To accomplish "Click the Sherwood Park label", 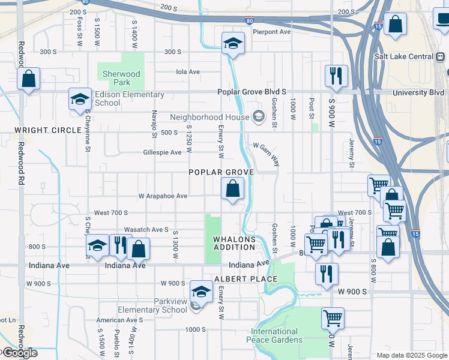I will [121, 78].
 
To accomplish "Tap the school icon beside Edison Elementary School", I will [79, 100].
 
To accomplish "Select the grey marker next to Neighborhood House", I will [259, 116].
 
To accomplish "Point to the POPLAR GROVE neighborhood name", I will [221, 172].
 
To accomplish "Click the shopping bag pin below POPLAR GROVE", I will [233, 189].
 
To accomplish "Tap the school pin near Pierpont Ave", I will [233, 44].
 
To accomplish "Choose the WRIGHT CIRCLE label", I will [48, 130].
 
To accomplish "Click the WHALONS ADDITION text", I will [235, 244].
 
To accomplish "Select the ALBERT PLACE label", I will [246, 279].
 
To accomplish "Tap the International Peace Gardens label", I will [274, 335].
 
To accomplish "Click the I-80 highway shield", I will [249, 21].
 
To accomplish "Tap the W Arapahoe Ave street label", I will [163, 196].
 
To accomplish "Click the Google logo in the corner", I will [19, 353].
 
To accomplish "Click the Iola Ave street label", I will [187, 72].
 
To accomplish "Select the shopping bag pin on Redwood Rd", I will [28, 79].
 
